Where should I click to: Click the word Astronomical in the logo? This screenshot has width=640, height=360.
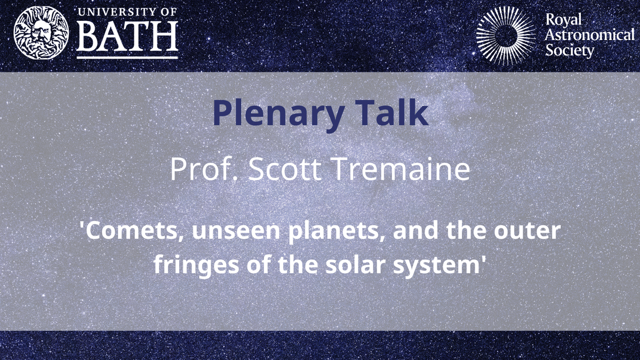pos(589,36)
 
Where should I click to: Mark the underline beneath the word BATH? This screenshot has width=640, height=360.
pos(127,55)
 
